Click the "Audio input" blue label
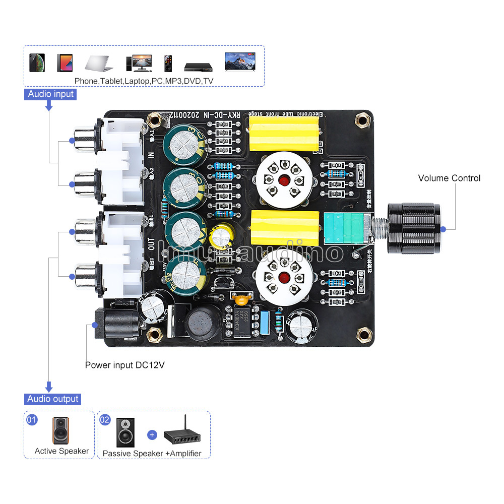pyautogui.click(x=50, y=94)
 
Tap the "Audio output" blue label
pyautogui.click(x=53, y=399)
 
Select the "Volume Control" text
pyautogui.click(x=449, y=178)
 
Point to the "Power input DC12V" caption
pyautogui.click(x=124, y=365)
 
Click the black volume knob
pyautogui.click(x=414, y=228)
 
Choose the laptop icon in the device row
pyautogui.click(x=99, y=63)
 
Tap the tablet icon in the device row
pyautogui.click(x=65, y=62)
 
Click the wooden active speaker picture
pyautogui.click(x=61, y=430)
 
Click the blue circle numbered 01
pyautogui.click(x=32, y=419)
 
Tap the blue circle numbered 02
pyautogui.click(x=105, y=419)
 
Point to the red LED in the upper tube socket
pyautogui.click(x=284, y=180)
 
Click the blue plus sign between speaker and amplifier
pyautogui.click(x=152, y=434)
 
